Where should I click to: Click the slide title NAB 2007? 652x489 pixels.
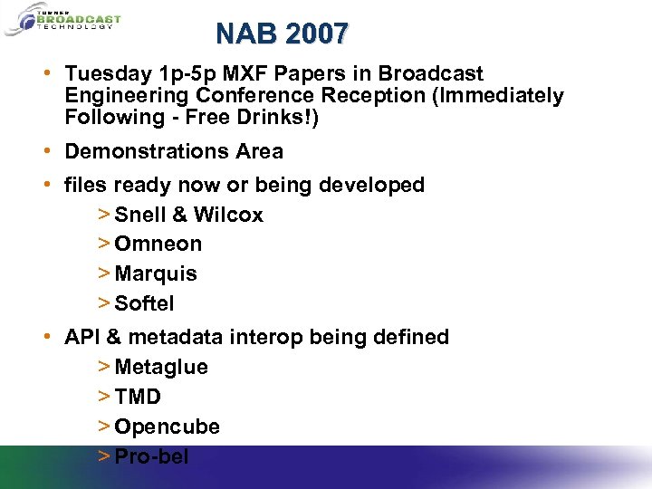point(282,34)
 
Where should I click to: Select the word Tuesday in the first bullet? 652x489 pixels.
point(105,74)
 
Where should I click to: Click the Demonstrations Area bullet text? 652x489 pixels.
point(174,151)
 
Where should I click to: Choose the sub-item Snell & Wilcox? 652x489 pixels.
point(188,216)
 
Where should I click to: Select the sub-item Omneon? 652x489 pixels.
point(158,244)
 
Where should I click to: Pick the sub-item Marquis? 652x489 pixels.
point(156,273)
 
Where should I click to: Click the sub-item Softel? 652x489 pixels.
point(144,303)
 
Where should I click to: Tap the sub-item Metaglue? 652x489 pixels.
point(161,368)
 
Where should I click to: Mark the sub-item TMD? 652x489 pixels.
point(138,397)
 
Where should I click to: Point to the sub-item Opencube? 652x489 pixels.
point(167,427)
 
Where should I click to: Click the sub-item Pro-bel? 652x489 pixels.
point(151,456)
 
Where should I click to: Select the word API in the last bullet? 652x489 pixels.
point(81,337)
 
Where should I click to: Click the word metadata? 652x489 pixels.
point(176,337)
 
